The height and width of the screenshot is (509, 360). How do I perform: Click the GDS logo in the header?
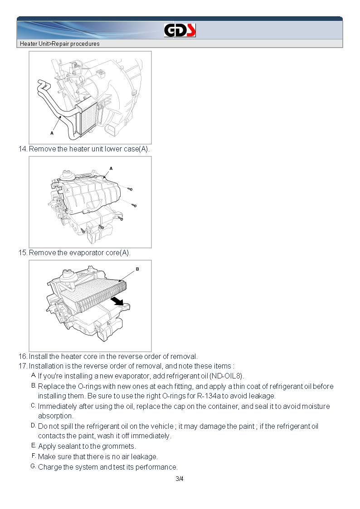[x=180, y=30]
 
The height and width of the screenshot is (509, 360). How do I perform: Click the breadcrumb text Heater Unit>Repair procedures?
[x=59, y=44]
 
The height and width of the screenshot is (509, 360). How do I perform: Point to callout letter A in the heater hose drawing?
[x=52, y=134]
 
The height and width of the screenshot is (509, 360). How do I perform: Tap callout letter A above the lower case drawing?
[x=111, y=168]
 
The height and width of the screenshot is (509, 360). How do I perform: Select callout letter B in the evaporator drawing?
[x=137, y=269]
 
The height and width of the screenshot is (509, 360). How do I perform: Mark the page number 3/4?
[x=180, y=479]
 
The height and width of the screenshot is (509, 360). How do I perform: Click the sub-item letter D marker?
[x=33, y=426]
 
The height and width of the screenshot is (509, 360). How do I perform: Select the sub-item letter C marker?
[x=33, y=406]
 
